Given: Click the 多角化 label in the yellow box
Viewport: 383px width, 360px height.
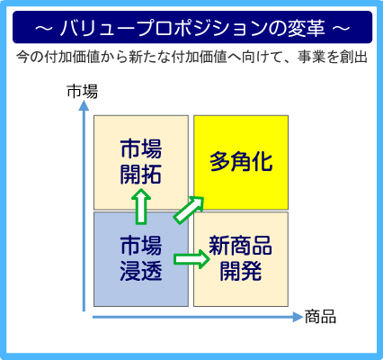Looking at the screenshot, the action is click(241, 162).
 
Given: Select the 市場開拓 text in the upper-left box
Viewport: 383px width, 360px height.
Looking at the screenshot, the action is click(141, 161).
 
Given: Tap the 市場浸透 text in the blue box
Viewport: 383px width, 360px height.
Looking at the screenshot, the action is click(141, 258).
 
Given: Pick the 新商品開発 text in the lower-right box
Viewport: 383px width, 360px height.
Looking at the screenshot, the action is click(241, 258).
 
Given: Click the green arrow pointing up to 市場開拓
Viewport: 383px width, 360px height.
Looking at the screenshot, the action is click(141, 207).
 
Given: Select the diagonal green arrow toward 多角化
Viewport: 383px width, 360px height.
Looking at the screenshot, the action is click(189, 210).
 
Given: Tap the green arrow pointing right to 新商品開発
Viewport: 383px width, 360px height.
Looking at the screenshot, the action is click(191, 259).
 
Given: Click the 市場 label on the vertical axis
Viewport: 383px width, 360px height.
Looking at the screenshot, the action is click(82, 92).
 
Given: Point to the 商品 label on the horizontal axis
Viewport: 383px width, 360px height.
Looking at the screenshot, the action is click(320, 317).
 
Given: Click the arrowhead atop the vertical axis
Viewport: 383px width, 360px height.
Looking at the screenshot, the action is click(84, 106).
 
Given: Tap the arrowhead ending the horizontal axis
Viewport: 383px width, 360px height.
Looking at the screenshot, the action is click(298, 317).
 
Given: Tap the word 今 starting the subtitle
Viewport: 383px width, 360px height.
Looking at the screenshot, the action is click(22, 57).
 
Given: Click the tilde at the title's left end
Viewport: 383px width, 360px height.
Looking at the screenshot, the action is click(44, 28).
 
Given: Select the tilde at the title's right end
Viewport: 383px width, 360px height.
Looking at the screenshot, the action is click(342, 28).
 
